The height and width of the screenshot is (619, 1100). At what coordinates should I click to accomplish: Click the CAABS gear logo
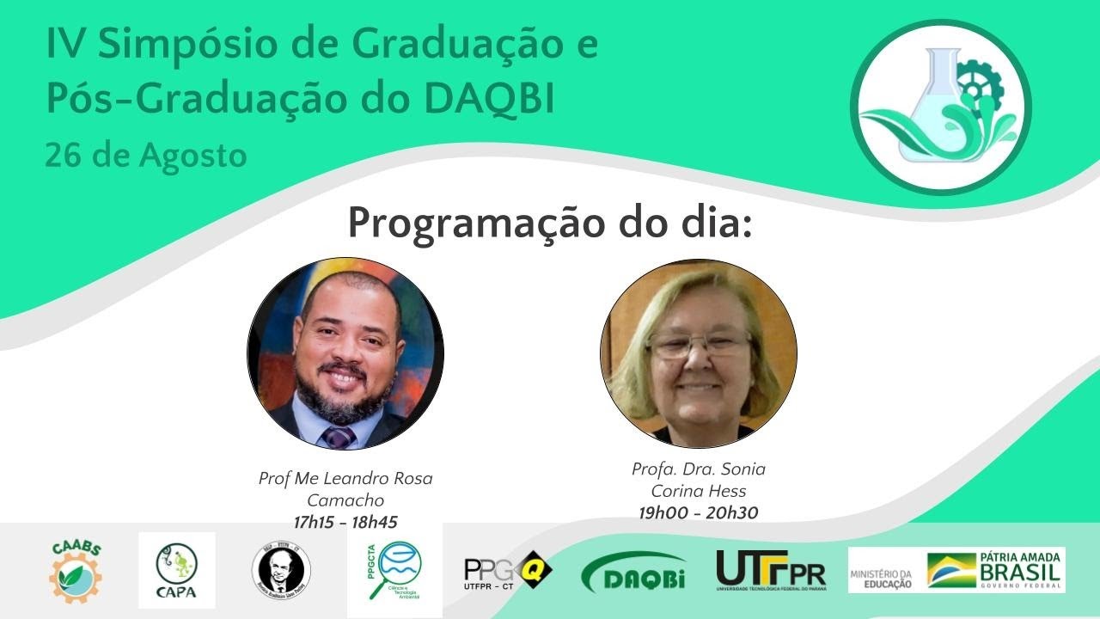[x=76, y=570]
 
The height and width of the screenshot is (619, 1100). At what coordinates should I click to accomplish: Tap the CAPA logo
[x=176, y=570]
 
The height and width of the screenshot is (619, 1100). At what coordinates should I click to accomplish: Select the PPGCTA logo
[x=394, y=570]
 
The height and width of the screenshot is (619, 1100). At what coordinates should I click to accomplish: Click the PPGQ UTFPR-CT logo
[x=507, y=570]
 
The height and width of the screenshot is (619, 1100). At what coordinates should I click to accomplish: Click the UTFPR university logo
[x=771, y=570]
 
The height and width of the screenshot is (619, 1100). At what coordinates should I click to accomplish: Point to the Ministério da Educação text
[x=881, y=579]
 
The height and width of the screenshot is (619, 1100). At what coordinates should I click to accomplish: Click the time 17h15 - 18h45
[x=345, y=521]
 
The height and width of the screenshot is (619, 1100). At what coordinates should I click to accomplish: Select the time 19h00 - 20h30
[x=698, y=512]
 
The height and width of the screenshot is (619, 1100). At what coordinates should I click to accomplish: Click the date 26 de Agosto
[x=146, y=156]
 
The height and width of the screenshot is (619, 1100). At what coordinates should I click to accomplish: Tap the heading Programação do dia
[x=550, y=223]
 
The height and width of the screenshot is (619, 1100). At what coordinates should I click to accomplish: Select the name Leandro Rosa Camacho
[x=345, y=488]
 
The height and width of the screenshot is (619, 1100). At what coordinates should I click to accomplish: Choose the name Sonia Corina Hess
[x=698, y=481]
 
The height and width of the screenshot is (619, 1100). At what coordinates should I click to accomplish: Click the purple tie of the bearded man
[x=339, y=437]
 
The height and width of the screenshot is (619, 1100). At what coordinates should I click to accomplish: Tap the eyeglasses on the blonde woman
[x=698, y=346]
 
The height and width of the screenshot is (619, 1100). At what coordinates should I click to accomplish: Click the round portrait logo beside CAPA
[x=281, y=570]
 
